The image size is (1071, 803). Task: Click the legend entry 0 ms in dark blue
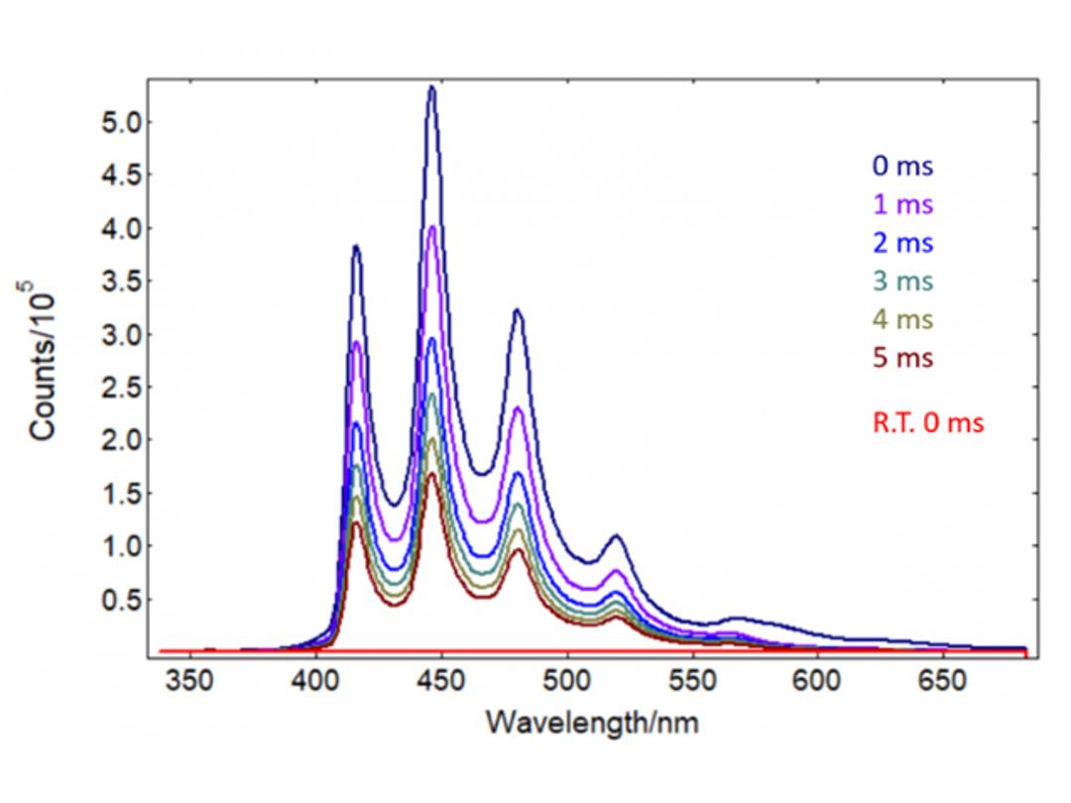(x=902, y=166)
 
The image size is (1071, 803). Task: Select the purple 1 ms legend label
(x=902, y=204)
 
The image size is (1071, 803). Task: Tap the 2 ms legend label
(x=902, y=243)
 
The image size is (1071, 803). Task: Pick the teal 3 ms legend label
(x=902, y=282)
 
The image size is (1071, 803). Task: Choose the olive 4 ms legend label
(x=902, y=320)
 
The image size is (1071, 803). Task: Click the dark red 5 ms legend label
(x=902, y=358)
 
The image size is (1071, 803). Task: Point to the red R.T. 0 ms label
(x=928, y=423)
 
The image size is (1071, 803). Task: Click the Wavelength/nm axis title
(x=591, y=723)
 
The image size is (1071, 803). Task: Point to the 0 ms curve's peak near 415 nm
(x=355, y=247)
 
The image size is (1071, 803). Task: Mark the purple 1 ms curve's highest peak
(x=432, y=227)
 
